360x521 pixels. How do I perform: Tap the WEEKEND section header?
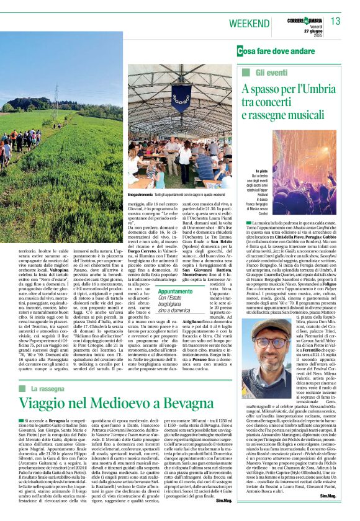248,23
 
